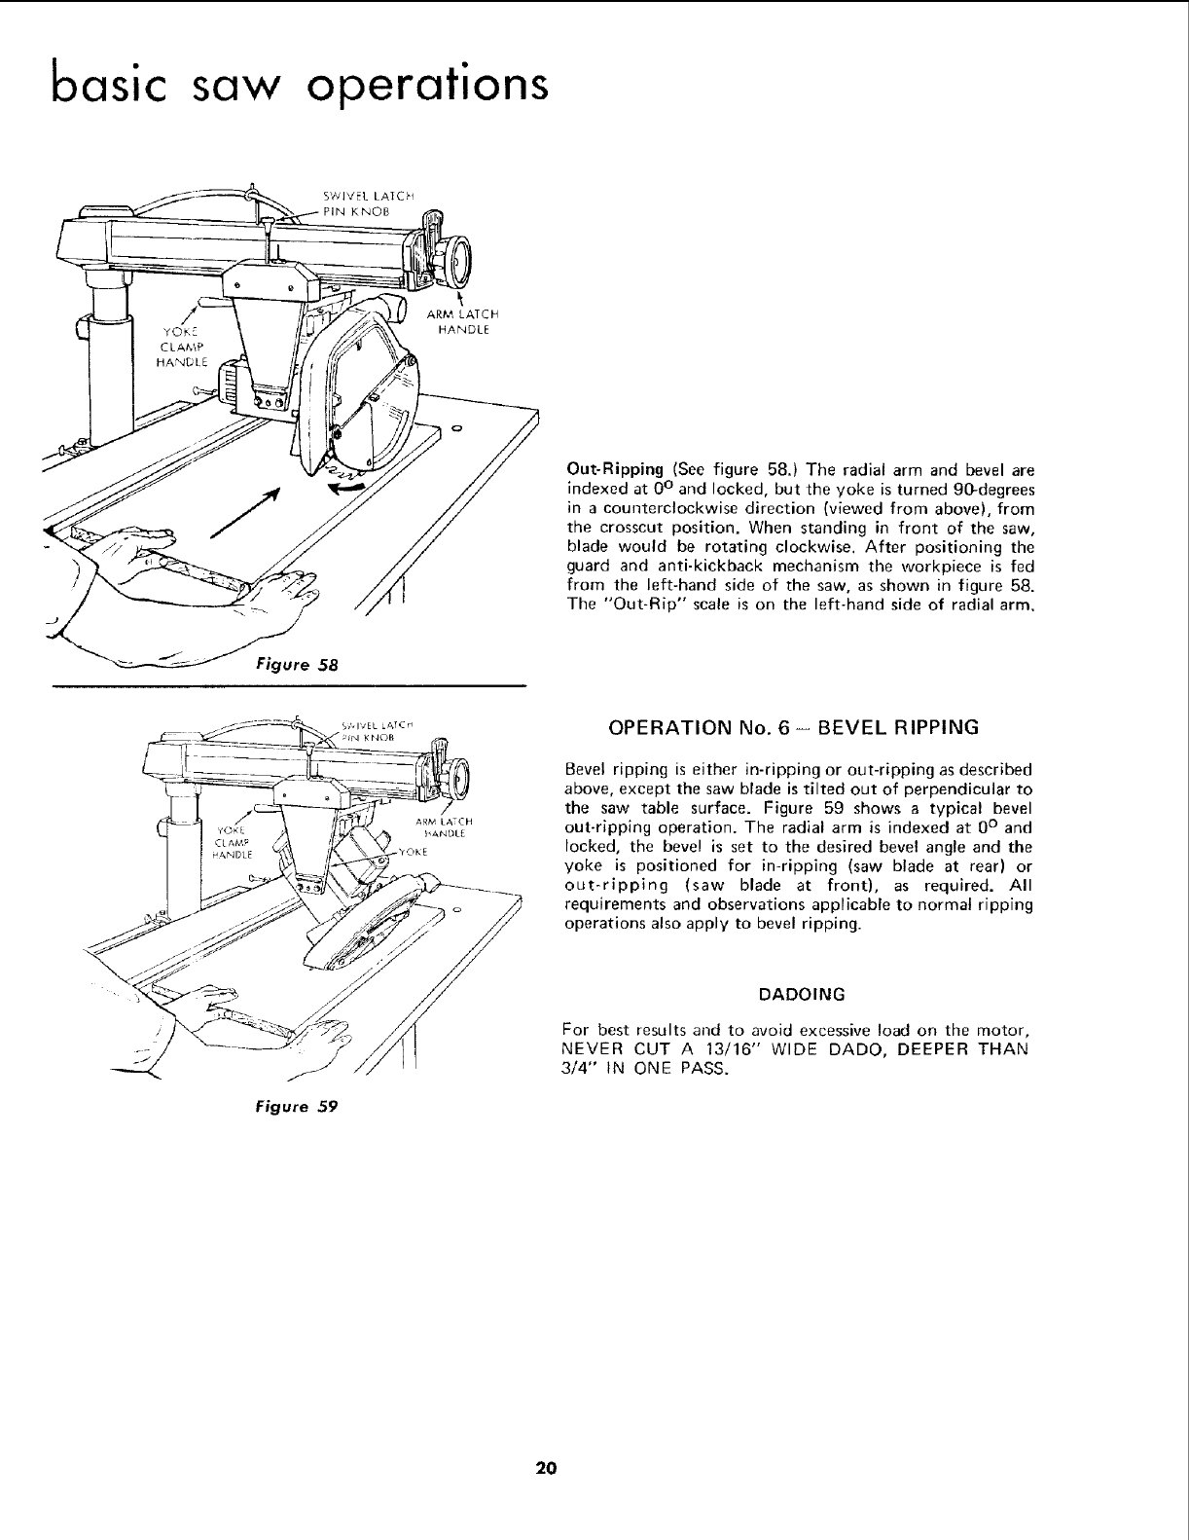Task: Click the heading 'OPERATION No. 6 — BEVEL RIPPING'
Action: click(x=792, y=727)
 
